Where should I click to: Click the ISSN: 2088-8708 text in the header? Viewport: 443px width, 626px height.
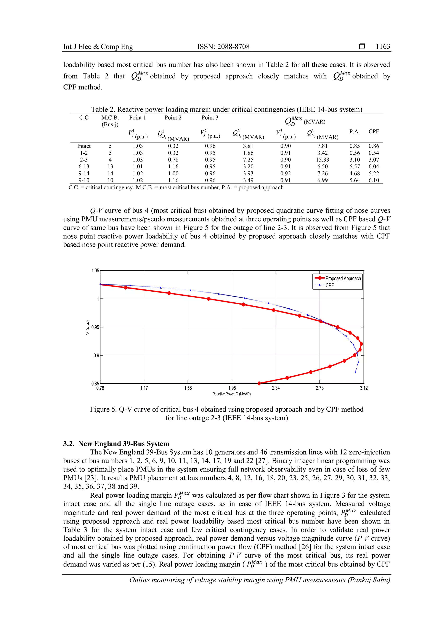pos(223,47)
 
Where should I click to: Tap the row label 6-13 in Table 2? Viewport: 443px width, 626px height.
pos(84,167)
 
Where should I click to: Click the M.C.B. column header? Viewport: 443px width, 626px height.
pos(110,118)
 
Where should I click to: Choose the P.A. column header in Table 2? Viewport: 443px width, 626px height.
pos(354,132)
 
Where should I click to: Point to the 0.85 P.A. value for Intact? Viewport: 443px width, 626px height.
pos(354,146)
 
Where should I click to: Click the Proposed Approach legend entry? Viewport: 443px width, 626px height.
pos(343,278)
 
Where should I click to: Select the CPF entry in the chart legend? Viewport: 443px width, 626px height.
pos(329,286)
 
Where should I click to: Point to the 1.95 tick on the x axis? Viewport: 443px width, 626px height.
pos(232,388)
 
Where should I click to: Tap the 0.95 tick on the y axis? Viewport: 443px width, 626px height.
pos(95,327)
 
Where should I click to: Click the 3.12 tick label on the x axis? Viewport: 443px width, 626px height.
pos(364,388)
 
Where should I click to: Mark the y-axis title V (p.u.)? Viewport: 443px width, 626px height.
pos(88,327)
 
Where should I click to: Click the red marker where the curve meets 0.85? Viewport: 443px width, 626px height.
pos(259,383)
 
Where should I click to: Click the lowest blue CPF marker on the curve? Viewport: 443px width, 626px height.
pos(355,372)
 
